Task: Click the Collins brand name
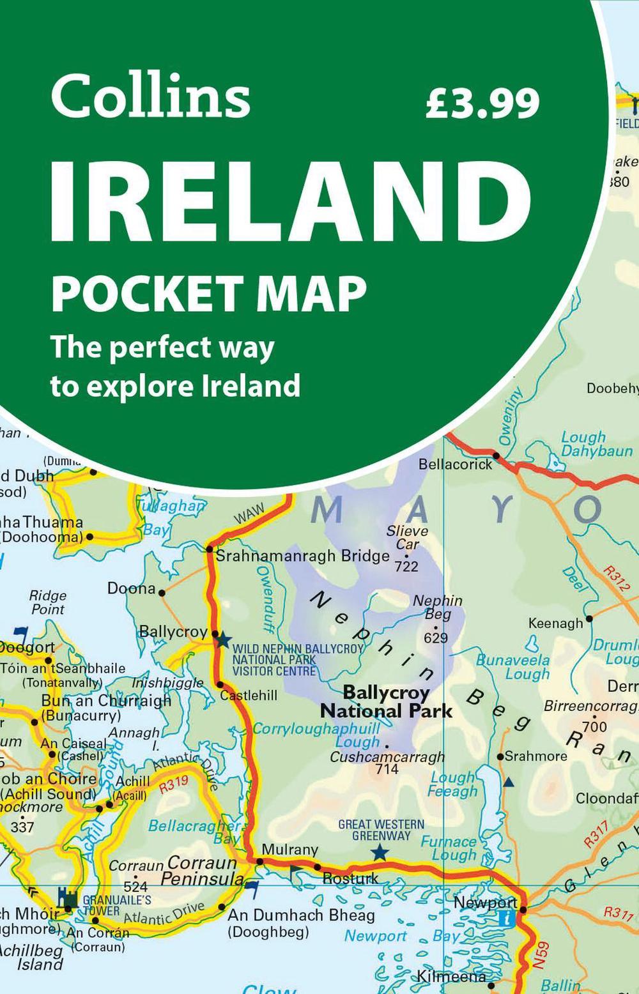click(x=150, y=96)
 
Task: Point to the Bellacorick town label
click(x=455, y=464)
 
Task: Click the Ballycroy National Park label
click(x=386, y=701)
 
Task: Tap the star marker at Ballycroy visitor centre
click(x=222, y=639)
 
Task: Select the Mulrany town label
click(x=290, y=849)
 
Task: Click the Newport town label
click(x=484, y=903)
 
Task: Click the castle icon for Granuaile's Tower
click(x=68, y=898)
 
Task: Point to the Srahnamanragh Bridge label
click(x=302, y=556)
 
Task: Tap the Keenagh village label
click(x=555, y=623)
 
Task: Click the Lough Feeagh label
click(x=452, y=784)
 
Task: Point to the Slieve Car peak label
click(x=407, y=537)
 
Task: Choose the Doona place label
click(x=132, y=588)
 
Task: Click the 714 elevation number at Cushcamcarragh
click(x=387, y=769)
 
